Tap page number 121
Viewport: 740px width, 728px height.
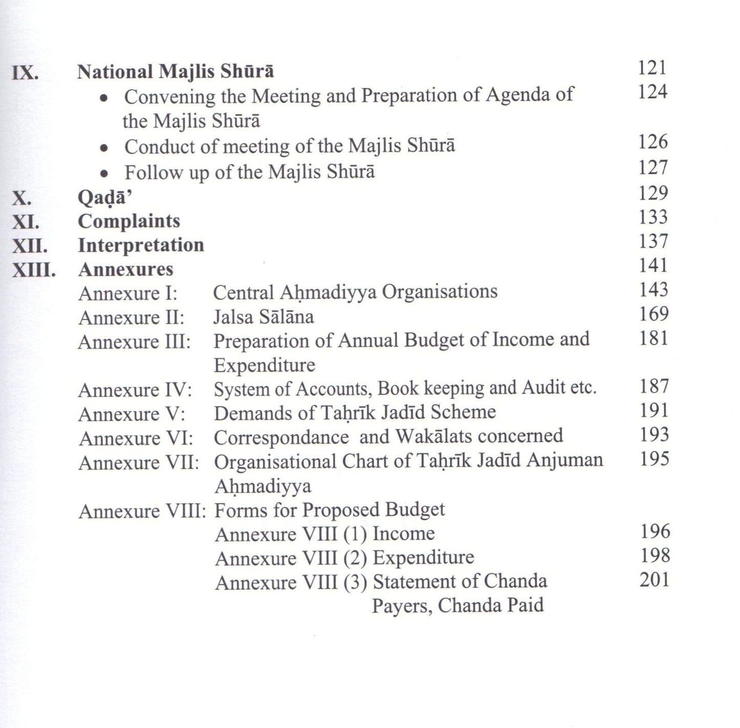click(652, 68)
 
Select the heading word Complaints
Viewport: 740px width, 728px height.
click(129, 221)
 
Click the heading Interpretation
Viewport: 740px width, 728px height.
click(141, 245)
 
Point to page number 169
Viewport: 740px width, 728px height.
click(653, 314)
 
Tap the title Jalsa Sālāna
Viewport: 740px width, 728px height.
click(263, 317)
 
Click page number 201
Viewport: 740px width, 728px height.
click(654, 580)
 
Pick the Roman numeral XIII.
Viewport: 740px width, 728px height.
click(34, 270)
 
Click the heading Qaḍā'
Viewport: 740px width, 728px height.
click(101, 198)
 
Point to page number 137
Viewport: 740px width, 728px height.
click(653, 241)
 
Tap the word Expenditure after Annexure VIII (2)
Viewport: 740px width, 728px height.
click(423, 558)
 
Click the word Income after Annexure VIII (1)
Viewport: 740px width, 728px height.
click(404, 533)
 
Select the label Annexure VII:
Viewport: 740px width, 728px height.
click(139, 463)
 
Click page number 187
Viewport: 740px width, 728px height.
click(653, 386)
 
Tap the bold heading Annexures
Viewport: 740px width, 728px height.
click(125, 269)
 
